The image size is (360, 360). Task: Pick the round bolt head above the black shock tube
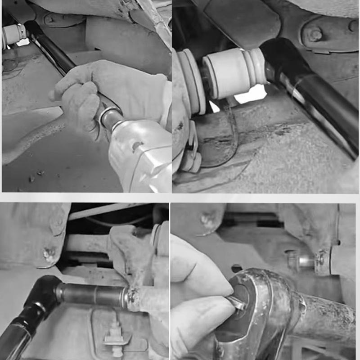315,34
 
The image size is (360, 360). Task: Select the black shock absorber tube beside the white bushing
310,90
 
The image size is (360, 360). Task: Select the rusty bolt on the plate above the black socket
48,254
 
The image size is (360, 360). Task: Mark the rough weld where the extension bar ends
133,297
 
